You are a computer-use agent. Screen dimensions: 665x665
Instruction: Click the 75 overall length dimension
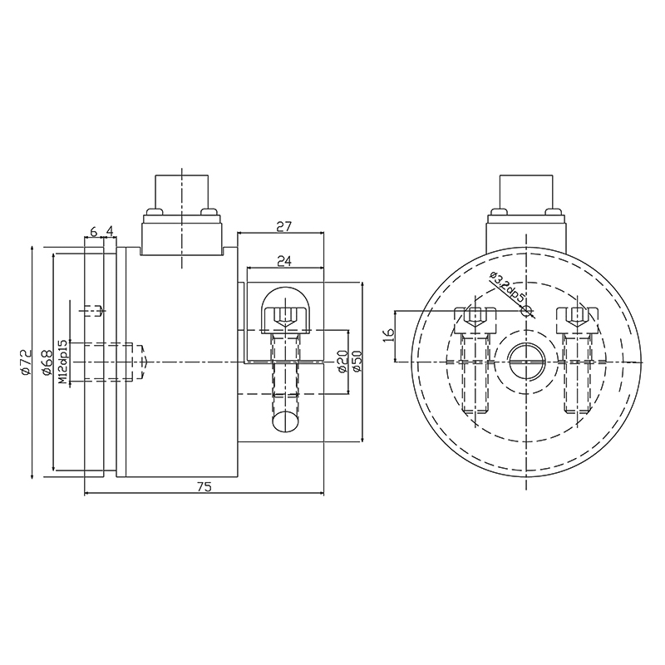204,488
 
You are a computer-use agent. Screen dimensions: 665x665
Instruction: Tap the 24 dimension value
284,260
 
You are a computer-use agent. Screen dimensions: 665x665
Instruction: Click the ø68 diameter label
46,362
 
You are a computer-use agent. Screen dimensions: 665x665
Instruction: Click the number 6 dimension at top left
93,231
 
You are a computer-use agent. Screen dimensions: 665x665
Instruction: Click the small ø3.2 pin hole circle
525,311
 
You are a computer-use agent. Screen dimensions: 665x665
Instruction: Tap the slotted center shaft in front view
526,362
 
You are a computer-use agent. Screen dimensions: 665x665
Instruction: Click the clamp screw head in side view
285,315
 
